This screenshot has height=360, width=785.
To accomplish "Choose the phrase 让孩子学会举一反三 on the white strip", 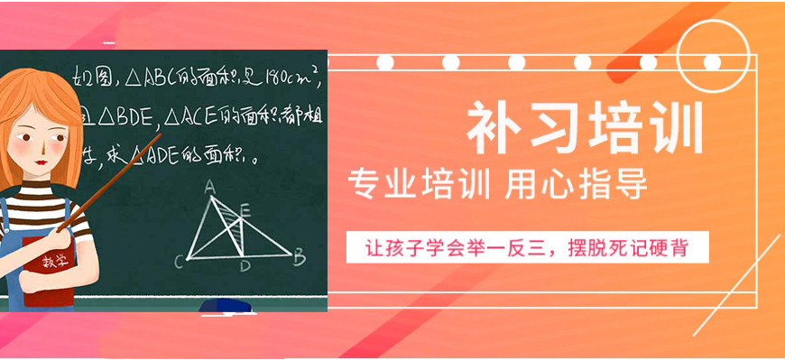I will point(461,246).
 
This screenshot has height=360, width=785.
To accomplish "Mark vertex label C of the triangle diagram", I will point(179,263).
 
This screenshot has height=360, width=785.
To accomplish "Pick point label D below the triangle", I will point(245,266).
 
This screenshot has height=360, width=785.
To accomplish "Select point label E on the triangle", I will point(245,210).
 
